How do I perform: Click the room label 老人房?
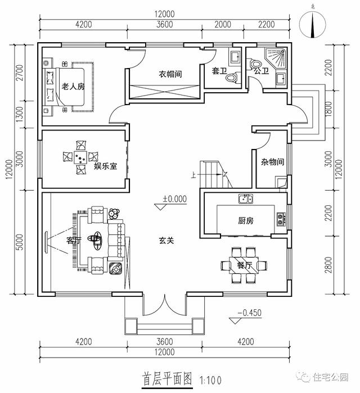[x=73, y=87]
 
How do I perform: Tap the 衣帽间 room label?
[x=169, y=74]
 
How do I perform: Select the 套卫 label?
[x=219, y=71]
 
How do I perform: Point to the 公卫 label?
[x=261, y=71]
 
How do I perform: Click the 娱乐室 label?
[x=105, y=166]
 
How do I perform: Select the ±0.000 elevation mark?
[x=174, y=199]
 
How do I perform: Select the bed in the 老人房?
[x=68, y=89]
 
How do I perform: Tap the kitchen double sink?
[x=245, y=198]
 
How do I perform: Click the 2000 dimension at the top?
[x=223, y=24]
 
